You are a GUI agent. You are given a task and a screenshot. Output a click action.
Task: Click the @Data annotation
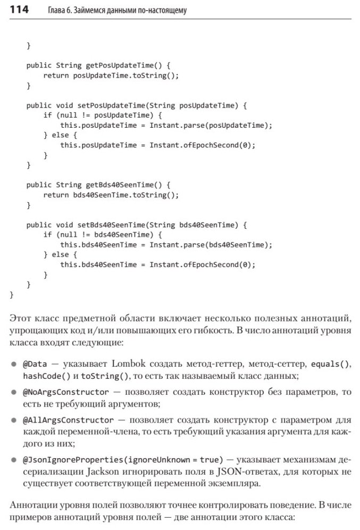click(x=35, y=365)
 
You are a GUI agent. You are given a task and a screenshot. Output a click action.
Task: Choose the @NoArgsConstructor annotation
click(x=66, y=392)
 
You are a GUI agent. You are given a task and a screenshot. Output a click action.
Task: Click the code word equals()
click(x=330, y=365)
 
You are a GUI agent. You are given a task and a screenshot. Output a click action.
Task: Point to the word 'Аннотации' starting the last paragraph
click(x=31, y=503)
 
